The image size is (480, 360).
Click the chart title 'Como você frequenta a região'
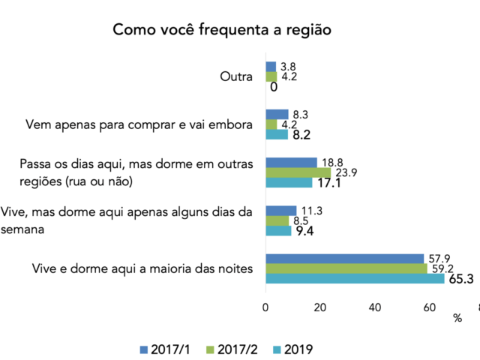click(222, 30)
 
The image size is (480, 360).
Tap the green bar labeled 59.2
click(346, 268)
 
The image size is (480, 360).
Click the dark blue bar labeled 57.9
click(344, 258)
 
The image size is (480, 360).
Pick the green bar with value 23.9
click(298, 172)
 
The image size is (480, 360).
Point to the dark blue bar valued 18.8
click(291, 162)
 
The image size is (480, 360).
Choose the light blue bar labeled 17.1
click(289, 182)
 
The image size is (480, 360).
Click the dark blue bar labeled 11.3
click(280, 211)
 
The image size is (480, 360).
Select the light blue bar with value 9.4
click(278, 230)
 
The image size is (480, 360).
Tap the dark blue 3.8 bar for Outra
click(271, 66)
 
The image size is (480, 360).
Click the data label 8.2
click(300, 135)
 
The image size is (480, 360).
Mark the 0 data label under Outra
click(274, 87)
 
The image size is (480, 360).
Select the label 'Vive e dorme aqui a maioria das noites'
click(142, 268)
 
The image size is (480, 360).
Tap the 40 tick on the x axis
click(374, 307)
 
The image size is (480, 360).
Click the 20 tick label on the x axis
click(320, 307)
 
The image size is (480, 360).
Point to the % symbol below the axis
click(457, 319)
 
